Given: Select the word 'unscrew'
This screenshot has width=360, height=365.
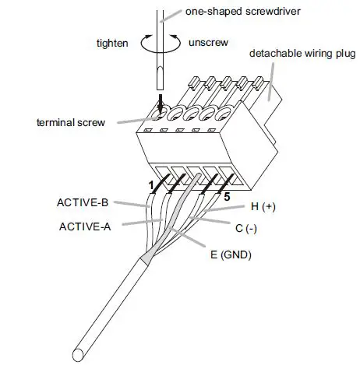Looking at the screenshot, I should click(x=209, y=42).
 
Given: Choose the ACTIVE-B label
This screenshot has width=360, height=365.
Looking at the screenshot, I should click(x=82, y=203).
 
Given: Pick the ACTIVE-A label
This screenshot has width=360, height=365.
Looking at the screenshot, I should click(x=86, y=227).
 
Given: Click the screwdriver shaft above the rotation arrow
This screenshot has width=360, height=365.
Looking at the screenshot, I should click(x=161, y=19).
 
